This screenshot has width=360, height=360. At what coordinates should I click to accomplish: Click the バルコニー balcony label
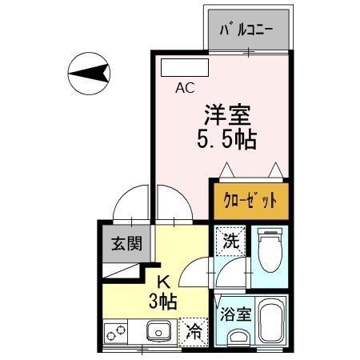(x=246, y=30)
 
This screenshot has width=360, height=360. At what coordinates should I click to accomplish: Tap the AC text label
(x=185, y=88)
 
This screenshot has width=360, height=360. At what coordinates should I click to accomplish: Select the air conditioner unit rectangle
(x=185, y=67)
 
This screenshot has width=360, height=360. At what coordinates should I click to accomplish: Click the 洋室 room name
(x=227, y=115)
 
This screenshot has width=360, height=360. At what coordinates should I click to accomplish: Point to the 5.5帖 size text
(x=227, y=138)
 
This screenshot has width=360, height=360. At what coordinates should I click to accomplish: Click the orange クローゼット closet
(x=251, y=202)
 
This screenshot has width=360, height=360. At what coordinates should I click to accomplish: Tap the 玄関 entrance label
(x=126, y=243)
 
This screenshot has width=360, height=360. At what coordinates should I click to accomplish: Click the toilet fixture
(x=270, y=250)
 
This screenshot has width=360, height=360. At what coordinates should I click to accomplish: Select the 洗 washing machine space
(x=230, y=241)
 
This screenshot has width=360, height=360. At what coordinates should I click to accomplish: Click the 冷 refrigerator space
(x=194, y=332)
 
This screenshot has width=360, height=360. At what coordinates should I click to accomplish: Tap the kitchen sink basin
(x=158, y=330)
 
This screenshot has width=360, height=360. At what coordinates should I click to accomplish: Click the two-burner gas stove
(x=115, y=333)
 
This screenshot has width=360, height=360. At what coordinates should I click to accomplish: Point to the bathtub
(x=271, y=321)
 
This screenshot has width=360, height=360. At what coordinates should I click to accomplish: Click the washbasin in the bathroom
(x=238, y=337)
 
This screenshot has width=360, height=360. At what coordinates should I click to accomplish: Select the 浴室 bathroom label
(x=236, y=314)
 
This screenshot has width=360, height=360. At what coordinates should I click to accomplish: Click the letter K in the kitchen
(x=163, y=282)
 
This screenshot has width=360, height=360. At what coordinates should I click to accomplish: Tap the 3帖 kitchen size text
(x=163, y=301)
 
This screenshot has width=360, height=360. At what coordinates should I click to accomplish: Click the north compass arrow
(x=89, y=74)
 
